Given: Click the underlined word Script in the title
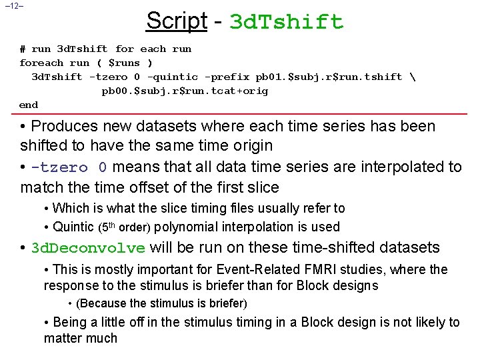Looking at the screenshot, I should click(x=176, y=21).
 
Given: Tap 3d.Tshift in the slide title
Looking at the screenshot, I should click(x=286, y=23).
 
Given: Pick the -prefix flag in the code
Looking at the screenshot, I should click(x=228, y=77).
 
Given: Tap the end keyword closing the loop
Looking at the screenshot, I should click(x=29, y=105).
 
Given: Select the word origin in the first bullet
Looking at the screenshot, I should click(x=251, y=145).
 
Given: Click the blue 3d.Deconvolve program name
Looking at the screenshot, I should click(x=88, y=249).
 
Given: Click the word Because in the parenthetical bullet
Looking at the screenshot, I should click(x=103, y=303).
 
